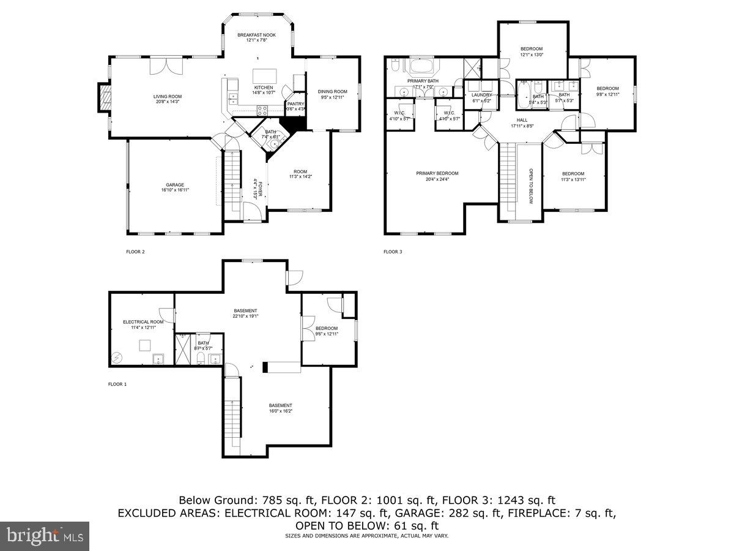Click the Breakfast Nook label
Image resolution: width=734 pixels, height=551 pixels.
click(256, 36)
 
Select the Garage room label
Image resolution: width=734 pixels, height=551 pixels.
click(175, 185)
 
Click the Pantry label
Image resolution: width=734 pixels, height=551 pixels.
click(296, 104)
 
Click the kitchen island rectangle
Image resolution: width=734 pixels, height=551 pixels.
click(265, 75)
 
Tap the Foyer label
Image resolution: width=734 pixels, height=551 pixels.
click(259, 188)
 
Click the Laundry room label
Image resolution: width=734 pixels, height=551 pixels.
click(482, 95)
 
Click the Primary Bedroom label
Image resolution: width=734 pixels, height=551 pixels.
click(437, 173)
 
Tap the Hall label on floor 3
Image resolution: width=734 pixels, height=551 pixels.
click(522, 120)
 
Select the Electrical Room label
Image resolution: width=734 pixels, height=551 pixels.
click(143, 322)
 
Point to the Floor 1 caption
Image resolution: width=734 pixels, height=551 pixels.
click(117, 384)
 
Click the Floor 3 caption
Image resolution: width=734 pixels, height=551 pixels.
click(393, 251)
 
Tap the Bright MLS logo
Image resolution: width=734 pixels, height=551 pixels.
click(45, 536)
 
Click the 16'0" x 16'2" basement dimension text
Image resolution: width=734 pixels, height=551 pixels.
click(281, 411)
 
